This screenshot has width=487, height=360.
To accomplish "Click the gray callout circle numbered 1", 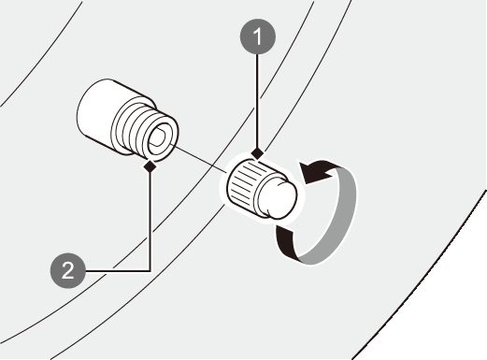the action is point(258,36).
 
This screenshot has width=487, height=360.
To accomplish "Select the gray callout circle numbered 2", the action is point(67,270).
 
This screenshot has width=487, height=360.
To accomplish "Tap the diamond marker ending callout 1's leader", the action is point(257,153).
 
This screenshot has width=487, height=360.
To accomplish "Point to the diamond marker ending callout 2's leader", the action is point(150,166).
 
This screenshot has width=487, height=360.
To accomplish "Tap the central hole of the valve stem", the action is point(159,137).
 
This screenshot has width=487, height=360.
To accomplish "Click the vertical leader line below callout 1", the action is point(257,101).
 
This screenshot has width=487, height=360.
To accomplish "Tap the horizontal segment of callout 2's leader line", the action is point(118,271).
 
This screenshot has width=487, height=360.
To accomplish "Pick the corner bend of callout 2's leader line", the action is point(150,271).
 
